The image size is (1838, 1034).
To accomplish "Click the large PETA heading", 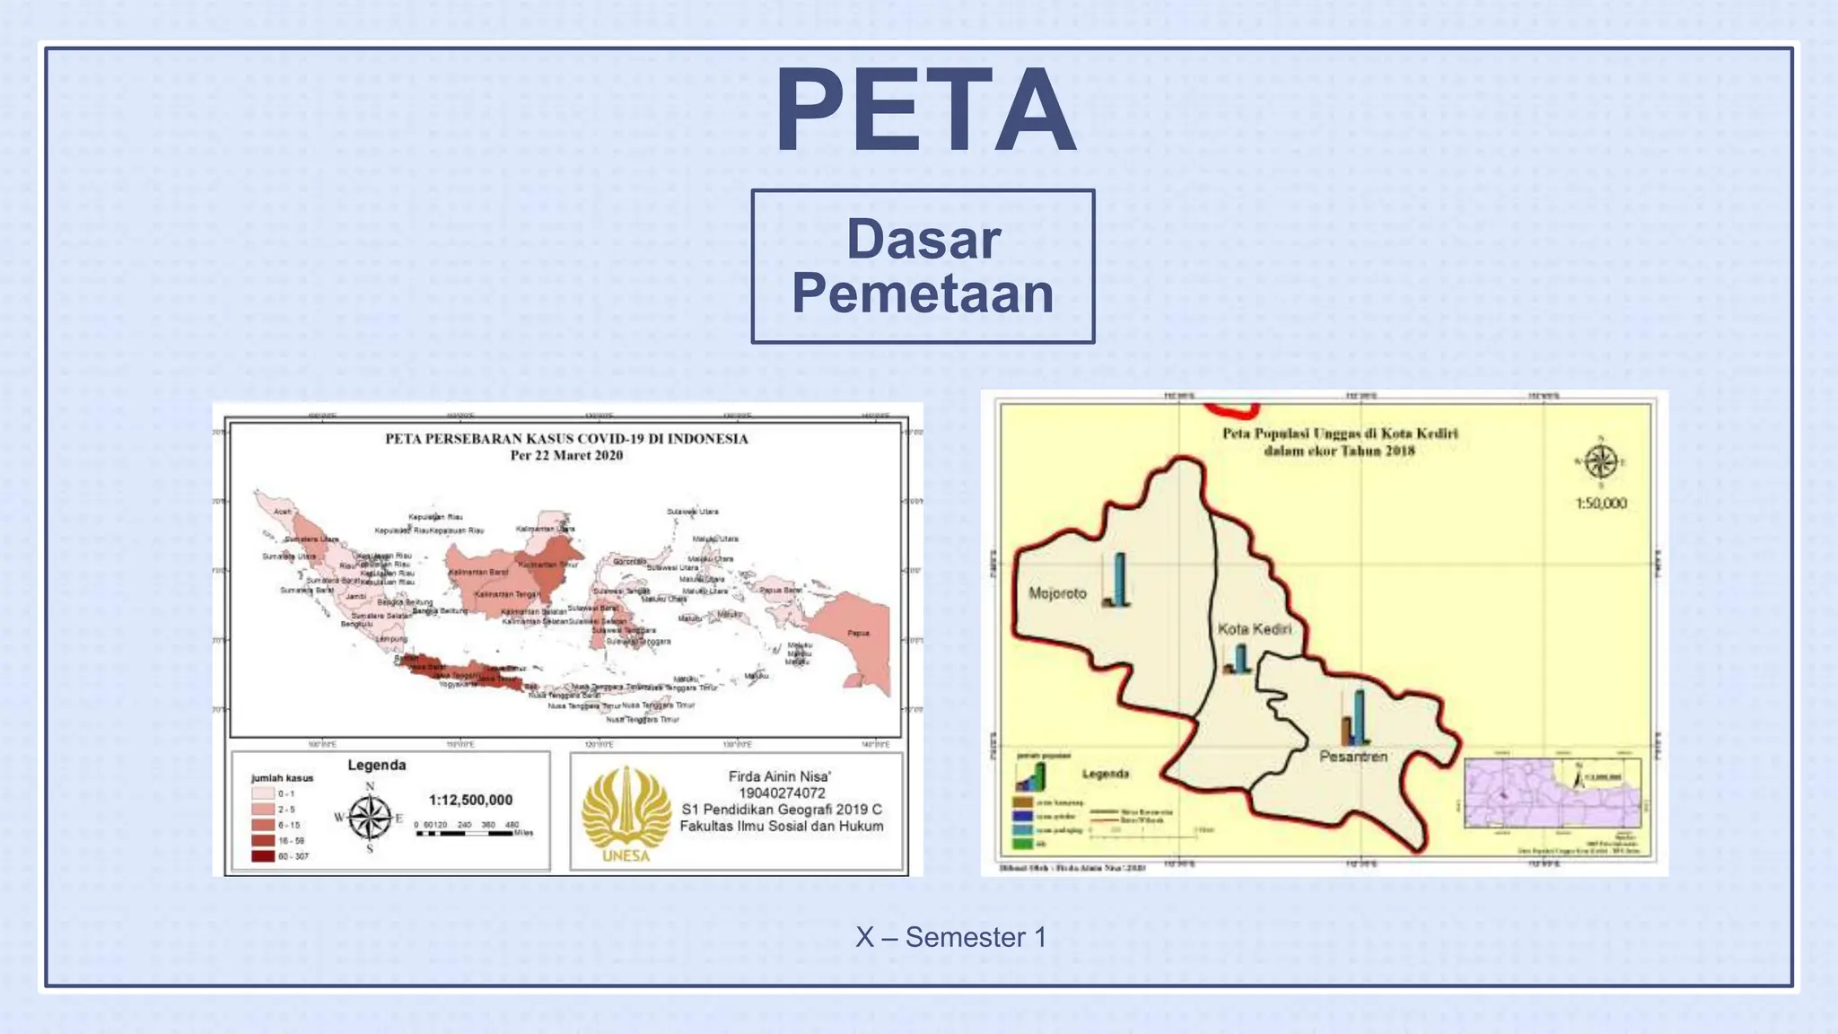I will tap(924, 111).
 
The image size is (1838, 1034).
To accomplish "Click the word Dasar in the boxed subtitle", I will tap(923, 240).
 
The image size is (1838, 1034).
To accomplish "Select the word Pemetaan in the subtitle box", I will tap(923, 294).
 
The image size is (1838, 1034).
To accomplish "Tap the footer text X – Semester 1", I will tap(950, 937).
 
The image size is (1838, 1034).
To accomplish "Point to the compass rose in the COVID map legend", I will tap(370, 818).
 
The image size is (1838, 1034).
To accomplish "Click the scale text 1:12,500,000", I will tap(470, 800).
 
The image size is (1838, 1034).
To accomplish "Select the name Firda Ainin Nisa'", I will tap(779, 776).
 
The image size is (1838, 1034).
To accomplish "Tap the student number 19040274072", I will tap(781, 793).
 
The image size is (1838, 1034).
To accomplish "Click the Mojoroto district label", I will tap(1057, 593).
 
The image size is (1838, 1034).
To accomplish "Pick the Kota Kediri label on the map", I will tap(1254, 629).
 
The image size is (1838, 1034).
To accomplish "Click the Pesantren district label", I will tap(1352, 757).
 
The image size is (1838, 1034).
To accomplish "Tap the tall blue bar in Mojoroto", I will tap(1119, 579).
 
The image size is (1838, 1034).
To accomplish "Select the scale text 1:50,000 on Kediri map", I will tap(1600, 504).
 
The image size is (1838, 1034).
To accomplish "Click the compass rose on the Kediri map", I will tap(1600, 462).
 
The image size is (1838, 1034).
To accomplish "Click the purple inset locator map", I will tap(1553, 793).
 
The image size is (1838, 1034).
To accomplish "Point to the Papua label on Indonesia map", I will tap(858, 633).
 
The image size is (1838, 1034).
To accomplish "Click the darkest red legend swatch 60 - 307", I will tap(263, 856).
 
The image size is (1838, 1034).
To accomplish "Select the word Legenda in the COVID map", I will tap(377, 765).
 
